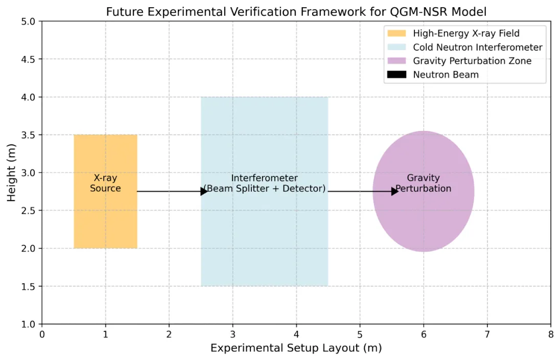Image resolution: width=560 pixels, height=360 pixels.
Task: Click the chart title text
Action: click(296, 11)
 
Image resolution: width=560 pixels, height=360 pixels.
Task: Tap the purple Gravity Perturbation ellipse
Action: click(423, 220)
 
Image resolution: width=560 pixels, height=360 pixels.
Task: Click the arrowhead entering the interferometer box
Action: click(204, 191)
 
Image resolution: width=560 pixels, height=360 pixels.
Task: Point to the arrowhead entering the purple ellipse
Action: click(394, 191)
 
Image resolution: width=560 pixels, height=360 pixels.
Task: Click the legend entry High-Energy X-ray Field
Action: click(466, 34)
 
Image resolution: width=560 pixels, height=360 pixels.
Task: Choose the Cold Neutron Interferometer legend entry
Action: click(478, 48)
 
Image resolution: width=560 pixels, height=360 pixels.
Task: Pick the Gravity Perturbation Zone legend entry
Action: click(472, 61)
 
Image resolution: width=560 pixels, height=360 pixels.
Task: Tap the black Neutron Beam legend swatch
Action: click(396, 75)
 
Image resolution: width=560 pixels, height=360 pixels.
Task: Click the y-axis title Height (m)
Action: click(12, 173)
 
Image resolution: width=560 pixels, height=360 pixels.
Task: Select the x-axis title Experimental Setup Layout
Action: click(296, 348)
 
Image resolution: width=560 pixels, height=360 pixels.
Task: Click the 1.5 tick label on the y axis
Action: click(28, 286)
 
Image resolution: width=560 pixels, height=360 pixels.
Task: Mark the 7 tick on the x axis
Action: click(487, 334)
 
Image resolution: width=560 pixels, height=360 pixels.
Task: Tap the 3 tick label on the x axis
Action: click(232, 334)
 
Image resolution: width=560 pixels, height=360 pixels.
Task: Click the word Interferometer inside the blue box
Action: click(264, 178)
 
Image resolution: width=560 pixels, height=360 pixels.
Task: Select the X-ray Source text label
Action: click(105, 183)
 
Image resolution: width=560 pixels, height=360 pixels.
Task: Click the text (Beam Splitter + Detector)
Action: click(264, 189)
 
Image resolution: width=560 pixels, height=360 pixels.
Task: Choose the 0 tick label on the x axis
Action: click(42, 334)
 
